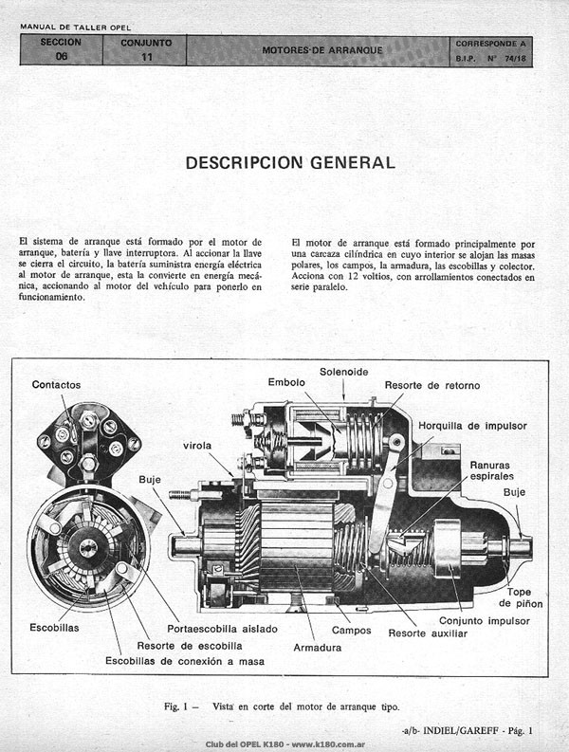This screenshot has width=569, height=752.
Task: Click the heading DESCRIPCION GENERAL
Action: point(290,162)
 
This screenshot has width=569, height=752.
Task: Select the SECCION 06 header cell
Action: point(61,49)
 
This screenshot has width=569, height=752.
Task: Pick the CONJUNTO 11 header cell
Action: point(145,50)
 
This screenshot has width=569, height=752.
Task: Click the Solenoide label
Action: point(344,372)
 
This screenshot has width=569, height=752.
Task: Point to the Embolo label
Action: point(286,382)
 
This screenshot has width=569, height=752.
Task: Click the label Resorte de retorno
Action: point(432,385)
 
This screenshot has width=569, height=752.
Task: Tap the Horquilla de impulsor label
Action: point(472,426)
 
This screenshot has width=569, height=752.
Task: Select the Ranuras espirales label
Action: point(490,470)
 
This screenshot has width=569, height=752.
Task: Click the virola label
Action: point(197,446)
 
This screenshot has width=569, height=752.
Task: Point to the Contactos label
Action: point(56,385)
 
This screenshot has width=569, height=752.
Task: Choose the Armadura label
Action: point(318,648)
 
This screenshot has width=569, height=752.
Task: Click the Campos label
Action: point(352,631)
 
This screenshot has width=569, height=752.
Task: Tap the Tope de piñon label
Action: point(521,597)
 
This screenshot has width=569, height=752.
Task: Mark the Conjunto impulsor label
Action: point(485,621)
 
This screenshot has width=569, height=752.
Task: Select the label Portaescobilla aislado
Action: point(222,629)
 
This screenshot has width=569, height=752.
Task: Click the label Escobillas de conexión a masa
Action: point(185,661)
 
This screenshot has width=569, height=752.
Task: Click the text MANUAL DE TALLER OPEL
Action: point(75,28)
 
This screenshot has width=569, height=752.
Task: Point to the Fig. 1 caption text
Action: point(282,706)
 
